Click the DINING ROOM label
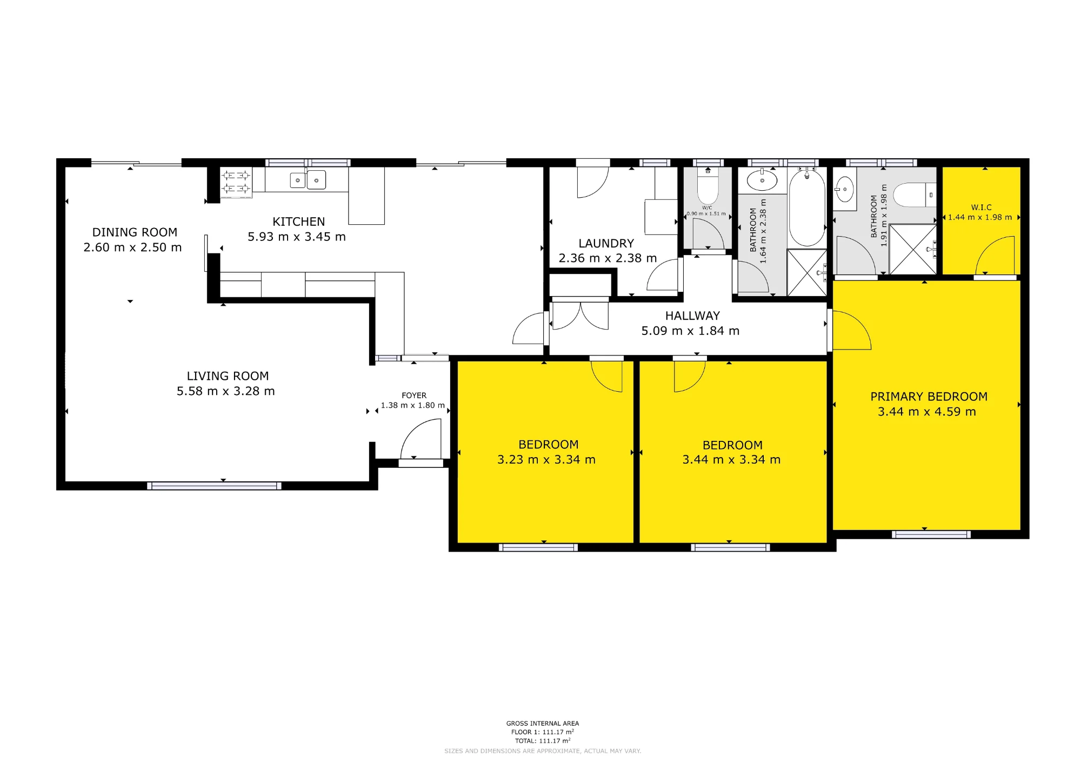[135, 232]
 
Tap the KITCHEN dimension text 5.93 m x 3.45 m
[297, 237]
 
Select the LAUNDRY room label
[606, 244]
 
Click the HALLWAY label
[692, 316]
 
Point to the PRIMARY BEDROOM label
[929, 397]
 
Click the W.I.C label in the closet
[981, 207]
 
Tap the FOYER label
[414, 396]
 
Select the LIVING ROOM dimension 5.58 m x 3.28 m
[226, 391]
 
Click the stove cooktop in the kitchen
[236, 182]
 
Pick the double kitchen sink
[308, 179]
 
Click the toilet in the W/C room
[708, 185]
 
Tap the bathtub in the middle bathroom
[807, 208]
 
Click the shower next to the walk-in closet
[912, 250]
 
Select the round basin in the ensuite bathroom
[844, 190]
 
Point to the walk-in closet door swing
[995, 255]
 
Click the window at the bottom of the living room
[214, 486]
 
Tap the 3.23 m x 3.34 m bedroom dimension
[546, 460]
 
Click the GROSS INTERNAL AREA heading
[543, 723]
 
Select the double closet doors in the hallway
[580, 316]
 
